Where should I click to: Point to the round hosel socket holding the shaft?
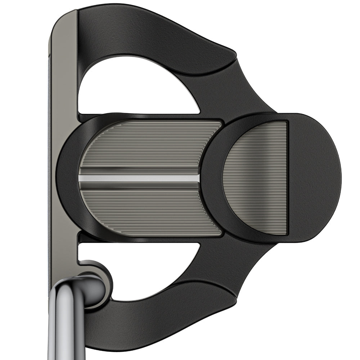pos(95,284)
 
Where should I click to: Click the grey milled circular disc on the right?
pos(256,178)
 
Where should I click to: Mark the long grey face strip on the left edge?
pos(63,144)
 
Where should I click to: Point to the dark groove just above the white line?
pos(139,170)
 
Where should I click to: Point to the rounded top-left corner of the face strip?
pos(59,18)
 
